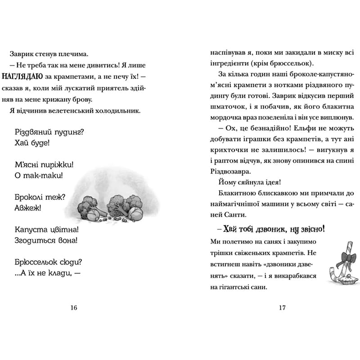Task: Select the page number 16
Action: tap(74, 308)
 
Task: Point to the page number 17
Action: tap(282, 308)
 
